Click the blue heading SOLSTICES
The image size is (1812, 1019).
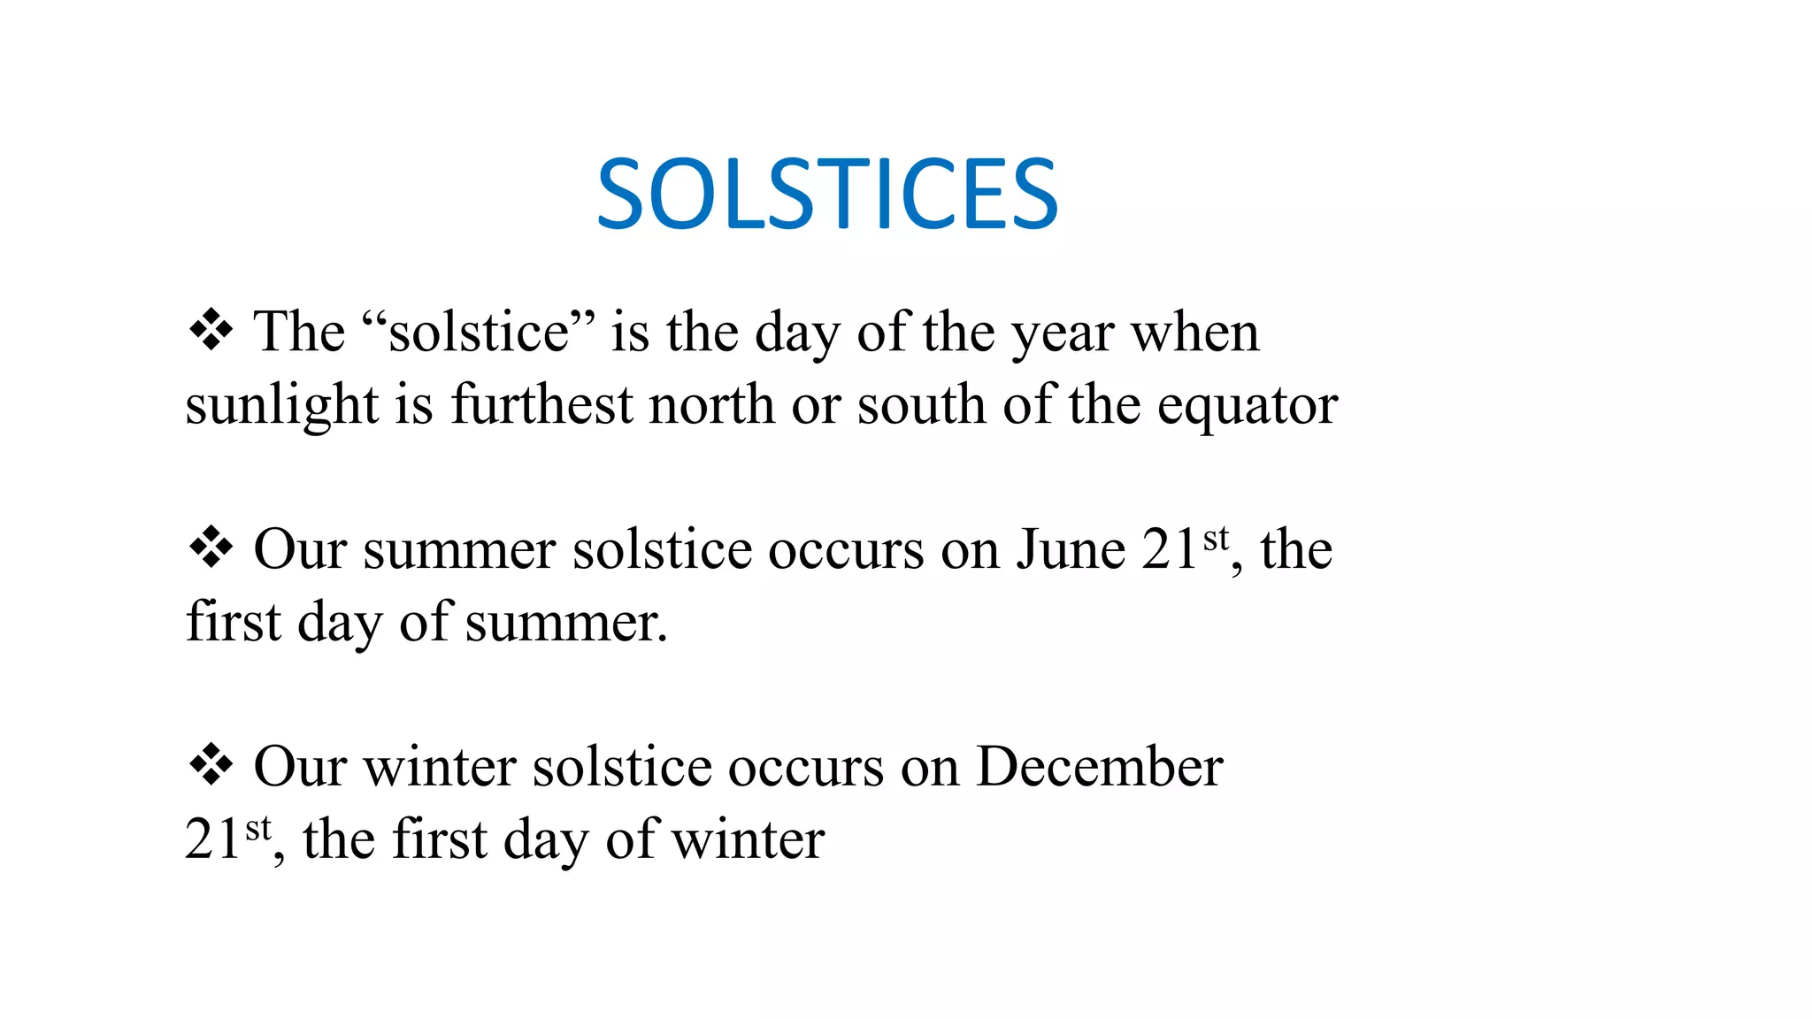[827, 195]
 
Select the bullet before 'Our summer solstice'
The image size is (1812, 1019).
[211, 548]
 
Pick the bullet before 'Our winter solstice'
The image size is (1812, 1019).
[211, 765]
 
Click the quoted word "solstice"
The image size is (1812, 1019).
[478, 333]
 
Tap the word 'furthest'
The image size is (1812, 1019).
[541, 405]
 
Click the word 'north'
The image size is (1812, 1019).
[711, 405]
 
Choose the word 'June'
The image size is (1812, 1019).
[1070, 549]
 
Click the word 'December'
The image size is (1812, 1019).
[1099, 766]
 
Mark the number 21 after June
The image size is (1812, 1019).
[1170, 549]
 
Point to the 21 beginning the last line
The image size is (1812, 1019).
[212, 839]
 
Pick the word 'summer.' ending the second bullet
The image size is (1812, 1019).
[566, 623]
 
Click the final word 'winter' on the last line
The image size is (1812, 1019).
[748, 839]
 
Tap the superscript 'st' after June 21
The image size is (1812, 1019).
[1217, 537]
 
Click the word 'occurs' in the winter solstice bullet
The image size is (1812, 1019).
[805, 767]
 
